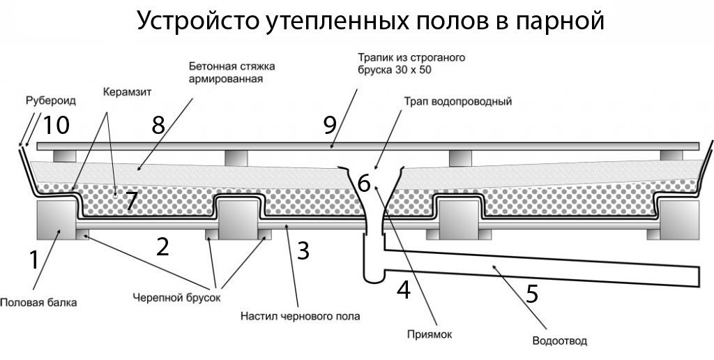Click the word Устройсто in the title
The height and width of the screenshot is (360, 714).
click(188, 21)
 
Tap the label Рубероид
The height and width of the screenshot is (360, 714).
click(51, 100)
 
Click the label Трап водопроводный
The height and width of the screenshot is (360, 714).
click(458, 101)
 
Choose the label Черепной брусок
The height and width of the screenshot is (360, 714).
click(176, 297)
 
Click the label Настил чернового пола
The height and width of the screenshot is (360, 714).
click(300, 316)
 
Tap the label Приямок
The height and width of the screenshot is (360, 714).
click(430, 333)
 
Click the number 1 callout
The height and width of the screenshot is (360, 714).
click(33, 260)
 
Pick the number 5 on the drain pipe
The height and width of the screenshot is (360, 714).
click(532, 293)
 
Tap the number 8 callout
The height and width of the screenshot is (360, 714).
click(158, 126)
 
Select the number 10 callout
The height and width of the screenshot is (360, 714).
click(56, 126)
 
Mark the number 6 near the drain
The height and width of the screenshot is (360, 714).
click(364, 183)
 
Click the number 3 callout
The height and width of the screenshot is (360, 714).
click(303, 250)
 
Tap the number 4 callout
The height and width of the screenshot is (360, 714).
click(403, 289)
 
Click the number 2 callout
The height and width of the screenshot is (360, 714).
click(162, 247)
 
